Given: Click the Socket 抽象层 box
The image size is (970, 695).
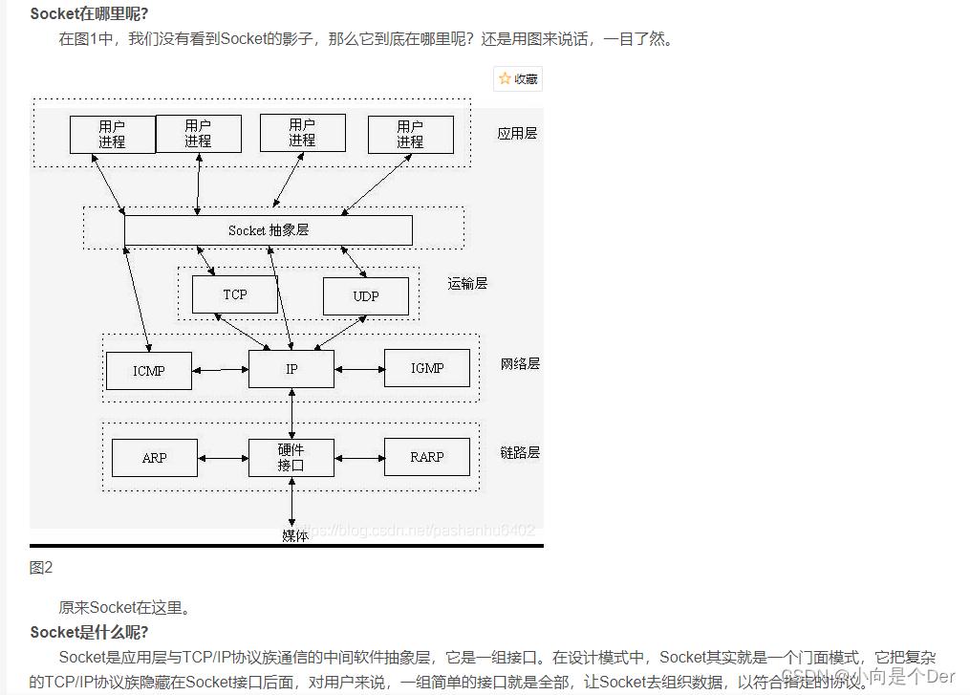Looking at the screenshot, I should point(269,230).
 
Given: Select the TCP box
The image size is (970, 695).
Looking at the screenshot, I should point(235,294).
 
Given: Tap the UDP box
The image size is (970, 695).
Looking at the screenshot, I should point(366,296).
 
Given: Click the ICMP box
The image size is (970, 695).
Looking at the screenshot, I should point(148,370).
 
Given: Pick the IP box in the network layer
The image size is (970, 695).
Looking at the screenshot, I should point(291,368).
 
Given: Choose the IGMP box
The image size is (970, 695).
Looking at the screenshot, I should point(427,368).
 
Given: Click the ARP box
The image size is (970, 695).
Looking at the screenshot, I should point(155,458).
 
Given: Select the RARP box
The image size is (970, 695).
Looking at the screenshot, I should point(427,457).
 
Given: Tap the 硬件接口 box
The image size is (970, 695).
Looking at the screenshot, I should point(291,458).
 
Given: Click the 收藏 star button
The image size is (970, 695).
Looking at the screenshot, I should point(518,79).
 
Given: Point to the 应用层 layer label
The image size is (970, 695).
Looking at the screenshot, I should point(517,133).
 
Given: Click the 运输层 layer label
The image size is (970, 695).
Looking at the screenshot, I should point(467,283).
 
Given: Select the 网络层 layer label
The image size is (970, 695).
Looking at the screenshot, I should point(520,363).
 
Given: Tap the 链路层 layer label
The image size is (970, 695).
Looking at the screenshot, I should point(520,452).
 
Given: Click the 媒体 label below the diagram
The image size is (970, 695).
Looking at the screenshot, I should point(295,535).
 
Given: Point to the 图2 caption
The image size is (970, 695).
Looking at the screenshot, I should point(41,568).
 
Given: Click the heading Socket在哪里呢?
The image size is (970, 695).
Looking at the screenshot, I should point(89,13).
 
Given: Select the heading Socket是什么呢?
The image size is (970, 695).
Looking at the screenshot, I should point(89,632).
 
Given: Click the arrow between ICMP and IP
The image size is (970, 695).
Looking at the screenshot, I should point(220,370).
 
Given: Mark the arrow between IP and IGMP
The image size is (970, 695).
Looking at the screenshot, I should point(359,369).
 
